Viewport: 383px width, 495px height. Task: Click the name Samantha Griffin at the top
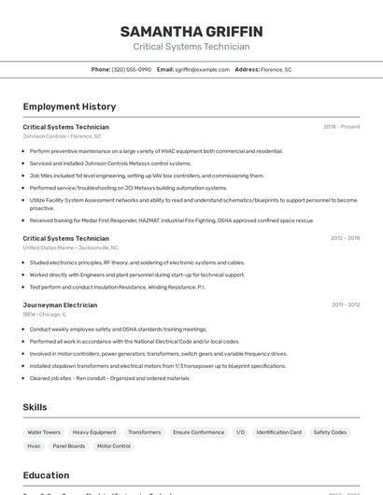coord(191,32)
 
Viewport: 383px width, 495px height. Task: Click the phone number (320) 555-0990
coord(131,69)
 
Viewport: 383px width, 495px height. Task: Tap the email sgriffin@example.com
coord(202,69)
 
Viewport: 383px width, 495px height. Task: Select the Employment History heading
coord(69,106)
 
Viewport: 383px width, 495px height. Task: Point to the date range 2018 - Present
coord(341,127)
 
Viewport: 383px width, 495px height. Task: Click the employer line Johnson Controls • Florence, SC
coord(62,136)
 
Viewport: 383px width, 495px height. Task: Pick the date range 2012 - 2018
coord(345,238)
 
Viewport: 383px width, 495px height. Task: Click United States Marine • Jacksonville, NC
coord(71,247)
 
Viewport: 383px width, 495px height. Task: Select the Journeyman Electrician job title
coord(60,304)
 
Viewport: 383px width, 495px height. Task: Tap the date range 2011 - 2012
coord(346,304)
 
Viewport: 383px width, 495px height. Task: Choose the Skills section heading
coord(35,407)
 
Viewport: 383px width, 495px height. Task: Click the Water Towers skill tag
coord(44,432)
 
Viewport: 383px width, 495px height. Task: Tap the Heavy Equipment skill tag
coord(94,432)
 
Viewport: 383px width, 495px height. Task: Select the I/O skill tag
coord(240,432)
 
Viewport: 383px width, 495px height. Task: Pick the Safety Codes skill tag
coord(330,432)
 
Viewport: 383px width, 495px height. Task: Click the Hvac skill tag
coord(34,446)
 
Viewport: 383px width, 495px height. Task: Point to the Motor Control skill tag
coord(114,446)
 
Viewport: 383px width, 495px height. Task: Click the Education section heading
coord(46,474)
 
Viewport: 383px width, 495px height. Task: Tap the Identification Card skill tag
coord(279,432)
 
